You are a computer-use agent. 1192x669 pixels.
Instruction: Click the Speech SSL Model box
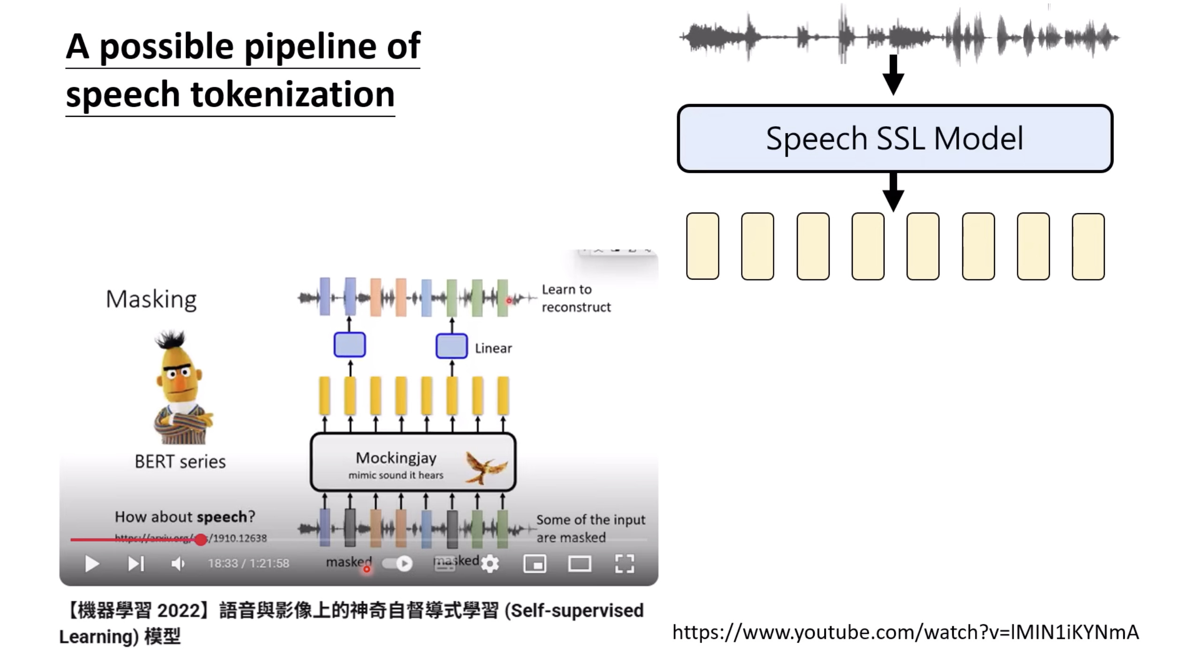894,138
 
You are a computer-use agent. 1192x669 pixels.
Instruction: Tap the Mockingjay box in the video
413,463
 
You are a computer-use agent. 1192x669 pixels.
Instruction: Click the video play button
92,563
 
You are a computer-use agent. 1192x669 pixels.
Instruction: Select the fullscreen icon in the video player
624,563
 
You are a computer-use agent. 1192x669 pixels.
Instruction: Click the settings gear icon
490,563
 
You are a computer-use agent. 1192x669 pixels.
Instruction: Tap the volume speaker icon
178,563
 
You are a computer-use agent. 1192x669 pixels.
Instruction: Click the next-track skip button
136,563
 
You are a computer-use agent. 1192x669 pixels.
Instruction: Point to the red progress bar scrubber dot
201,540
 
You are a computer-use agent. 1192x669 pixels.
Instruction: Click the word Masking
151,299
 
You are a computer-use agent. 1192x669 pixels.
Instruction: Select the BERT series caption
180,462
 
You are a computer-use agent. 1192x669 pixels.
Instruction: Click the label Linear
493,348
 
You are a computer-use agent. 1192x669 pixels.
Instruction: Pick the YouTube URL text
905,632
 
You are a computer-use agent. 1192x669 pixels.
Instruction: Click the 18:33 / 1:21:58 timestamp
248,563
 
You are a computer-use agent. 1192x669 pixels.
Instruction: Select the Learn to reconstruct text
576,298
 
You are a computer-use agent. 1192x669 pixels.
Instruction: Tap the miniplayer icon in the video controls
535,563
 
